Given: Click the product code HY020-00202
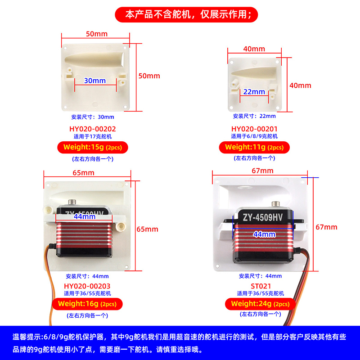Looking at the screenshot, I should click(93, 129).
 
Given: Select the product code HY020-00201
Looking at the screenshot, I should click(254, 129).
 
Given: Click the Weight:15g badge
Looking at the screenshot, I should click(93, 147).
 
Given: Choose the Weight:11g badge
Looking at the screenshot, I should click(254, 147).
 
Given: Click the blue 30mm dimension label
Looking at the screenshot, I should click(95, 81).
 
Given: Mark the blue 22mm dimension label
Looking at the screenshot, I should click(254, 91).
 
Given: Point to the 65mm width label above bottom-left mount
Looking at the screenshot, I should click(84, 173).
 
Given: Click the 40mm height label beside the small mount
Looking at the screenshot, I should click(300, 85).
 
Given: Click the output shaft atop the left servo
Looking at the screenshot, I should click(72, 202).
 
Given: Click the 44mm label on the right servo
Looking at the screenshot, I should click(264, 234).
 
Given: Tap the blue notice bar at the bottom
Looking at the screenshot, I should click(180, 342).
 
